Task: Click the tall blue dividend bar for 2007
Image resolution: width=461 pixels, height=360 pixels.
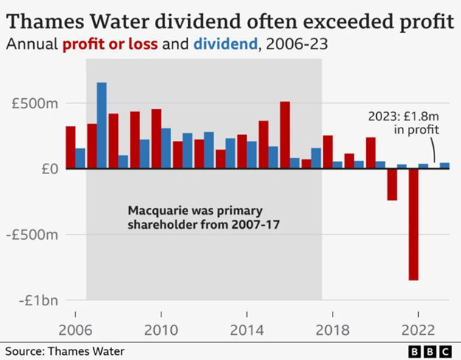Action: (x=102, y=125)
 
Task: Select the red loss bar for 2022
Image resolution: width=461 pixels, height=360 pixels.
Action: (x=414, y=224)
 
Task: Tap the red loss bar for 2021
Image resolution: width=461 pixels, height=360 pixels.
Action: (x=392, y=184)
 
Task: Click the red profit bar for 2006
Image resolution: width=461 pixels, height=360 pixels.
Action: (x=70, y=148)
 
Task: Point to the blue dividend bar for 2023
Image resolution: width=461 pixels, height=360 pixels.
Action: (x=445, y=166)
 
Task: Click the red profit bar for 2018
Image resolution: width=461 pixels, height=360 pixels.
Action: (x=327, y=152)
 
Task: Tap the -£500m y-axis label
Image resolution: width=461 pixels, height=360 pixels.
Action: (x=33, y=235)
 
